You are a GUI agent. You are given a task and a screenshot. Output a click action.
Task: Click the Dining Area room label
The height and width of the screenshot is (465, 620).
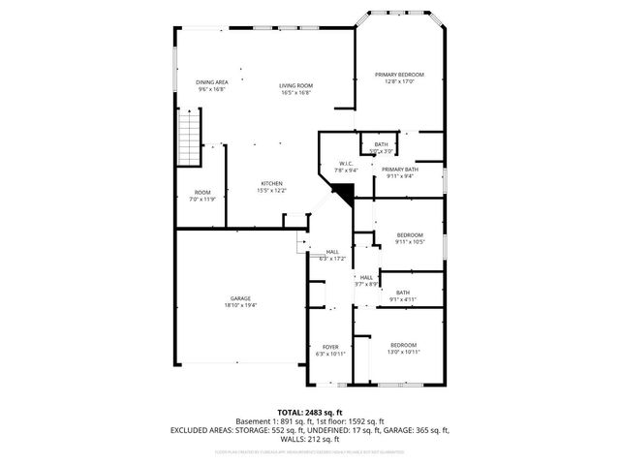click(211, 82)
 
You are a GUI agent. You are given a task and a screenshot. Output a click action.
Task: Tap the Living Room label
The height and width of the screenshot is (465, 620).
click(294, 86)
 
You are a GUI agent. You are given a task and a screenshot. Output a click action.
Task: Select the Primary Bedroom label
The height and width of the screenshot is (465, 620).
click(399, 75)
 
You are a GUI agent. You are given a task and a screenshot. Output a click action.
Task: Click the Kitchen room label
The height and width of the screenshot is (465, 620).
click(271, 184)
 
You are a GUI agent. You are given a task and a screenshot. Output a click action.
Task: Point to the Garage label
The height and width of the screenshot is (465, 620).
click(240, 298)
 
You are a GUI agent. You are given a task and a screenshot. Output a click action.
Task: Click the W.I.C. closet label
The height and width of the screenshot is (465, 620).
click(346, 163)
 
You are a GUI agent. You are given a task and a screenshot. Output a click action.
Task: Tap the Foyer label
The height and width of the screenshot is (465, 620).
click(330, 347)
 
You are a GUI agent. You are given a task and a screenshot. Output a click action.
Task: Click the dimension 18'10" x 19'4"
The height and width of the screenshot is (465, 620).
click(240, 305)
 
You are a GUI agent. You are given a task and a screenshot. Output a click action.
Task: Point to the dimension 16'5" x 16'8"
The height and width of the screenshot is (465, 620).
click(294, 93)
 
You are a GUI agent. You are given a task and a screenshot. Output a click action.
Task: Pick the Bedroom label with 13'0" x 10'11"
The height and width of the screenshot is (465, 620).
click(403, 346)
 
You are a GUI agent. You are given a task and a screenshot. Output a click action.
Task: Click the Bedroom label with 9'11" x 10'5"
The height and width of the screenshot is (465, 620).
click(410, 235)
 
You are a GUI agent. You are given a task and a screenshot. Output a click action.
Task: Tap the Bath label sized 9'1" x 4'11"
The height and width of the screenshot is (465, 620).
click(402, 293)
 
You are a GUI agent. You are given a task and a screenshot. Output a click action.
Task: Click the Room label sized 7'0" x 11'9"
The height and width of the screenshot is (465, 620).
click(202, 192)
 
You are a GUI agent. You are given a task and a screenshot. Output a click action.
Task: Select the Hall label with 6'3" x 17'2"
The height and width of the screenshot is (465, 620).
click(332, 252)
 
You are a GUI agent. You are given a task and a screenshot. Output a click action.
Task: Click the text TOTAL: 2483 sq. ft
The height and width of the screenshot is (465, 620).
click(309, 412)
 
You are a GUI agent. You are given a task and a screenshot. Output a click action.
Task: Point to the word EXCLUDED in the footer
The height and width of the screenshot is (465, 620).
click(191, 428)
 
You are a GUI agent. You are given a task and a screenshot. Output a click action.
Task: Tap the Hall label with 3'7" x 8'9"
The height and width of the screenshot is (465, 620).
click(366, 277)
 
